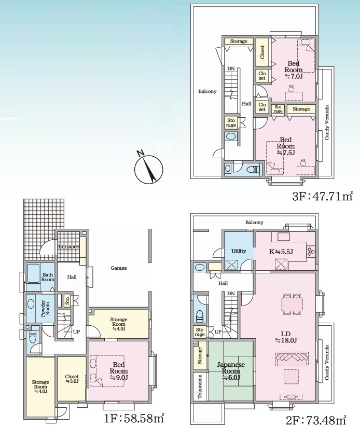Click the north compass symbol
pos(148,169)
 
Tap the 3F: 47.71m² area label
pos(322,196)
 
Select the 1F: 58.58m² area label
pos(134,418)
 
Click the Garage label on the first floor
pos(119,268)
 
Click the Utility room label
pos(239,251)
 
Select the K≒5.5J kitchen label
pos(281,252)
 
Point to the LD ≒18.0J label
pos(286,337)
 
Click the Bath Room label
pos(48,277)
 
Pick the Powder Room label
pos(45,309)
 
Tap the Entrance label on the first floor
pos(68,246)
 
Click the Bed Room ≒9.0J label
pos(119,371)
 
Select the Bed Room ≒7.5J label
pos(286,146)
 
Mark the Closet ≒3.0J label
pos(72,379)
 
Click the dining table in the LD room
pos(292,304)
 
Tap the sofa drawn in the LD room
pos(292,359)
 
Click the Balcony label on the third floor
pos(207,91)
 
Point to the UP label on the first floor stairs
pos(76,332)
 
